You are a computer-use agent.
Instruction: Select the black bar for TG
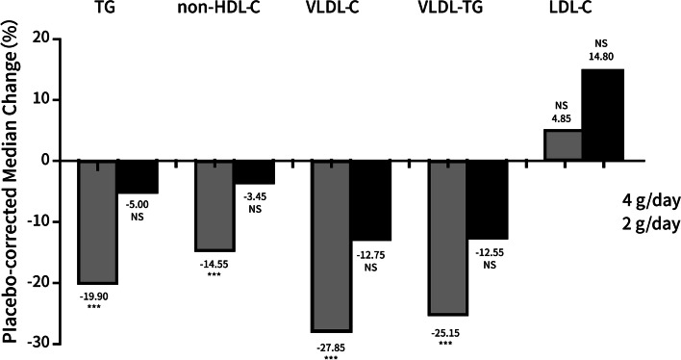point(137,177)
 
